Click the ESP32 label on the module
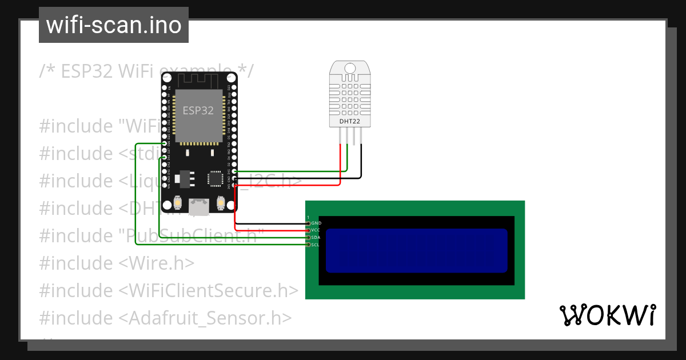point(198,110)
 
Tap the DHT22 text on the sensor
point(349,121)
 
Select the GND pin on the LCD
point(309,223)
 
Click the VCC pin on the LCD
point(309,230)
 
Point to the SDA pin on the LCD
point(309,237)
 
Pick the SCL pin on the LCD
point(309,245)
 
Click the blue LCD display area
point(416,250)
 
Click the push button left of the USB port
point(178,202)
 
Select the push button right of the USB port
point(221,202)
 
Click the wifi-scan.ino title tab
point(113,25)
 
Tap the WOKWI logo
point(607,315)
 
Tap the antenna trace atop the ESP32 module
point(198,79)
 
